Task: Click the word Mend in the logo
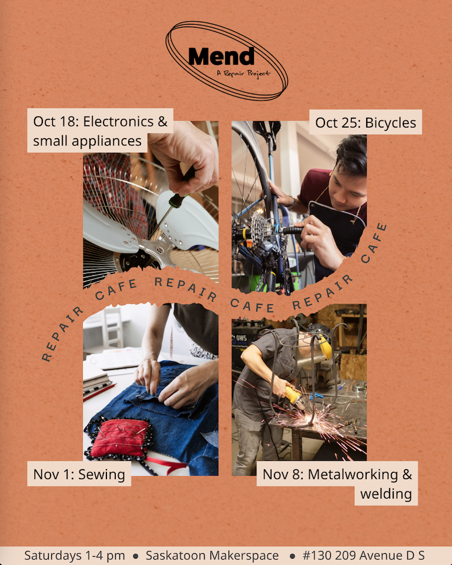tap(221, 56)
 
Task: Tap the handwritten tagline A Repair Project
tap(243, 73)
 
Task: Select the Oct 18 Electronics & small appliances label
tap(100, 131)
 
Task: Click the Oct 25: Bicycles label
tap(366, 122)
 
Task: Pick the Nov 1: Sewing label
tap(79, 474)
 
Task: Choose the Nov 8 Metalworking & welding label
tap(337, 483)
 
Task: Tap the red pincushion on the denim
tap(119, 438)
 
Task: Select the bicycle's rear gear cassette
tap(260, 228)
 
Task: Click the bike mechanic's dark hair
tap(351, 153)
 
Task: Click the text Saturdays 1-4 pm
tap(75, 556)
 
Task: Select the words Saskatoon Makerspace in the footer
tap(212, 556)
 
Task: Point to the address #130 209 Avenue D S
tap(363, 556)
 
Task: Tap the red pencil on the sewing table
tap(99, 392)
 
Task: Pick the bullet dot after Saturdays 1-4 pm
tap(135, 556)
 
